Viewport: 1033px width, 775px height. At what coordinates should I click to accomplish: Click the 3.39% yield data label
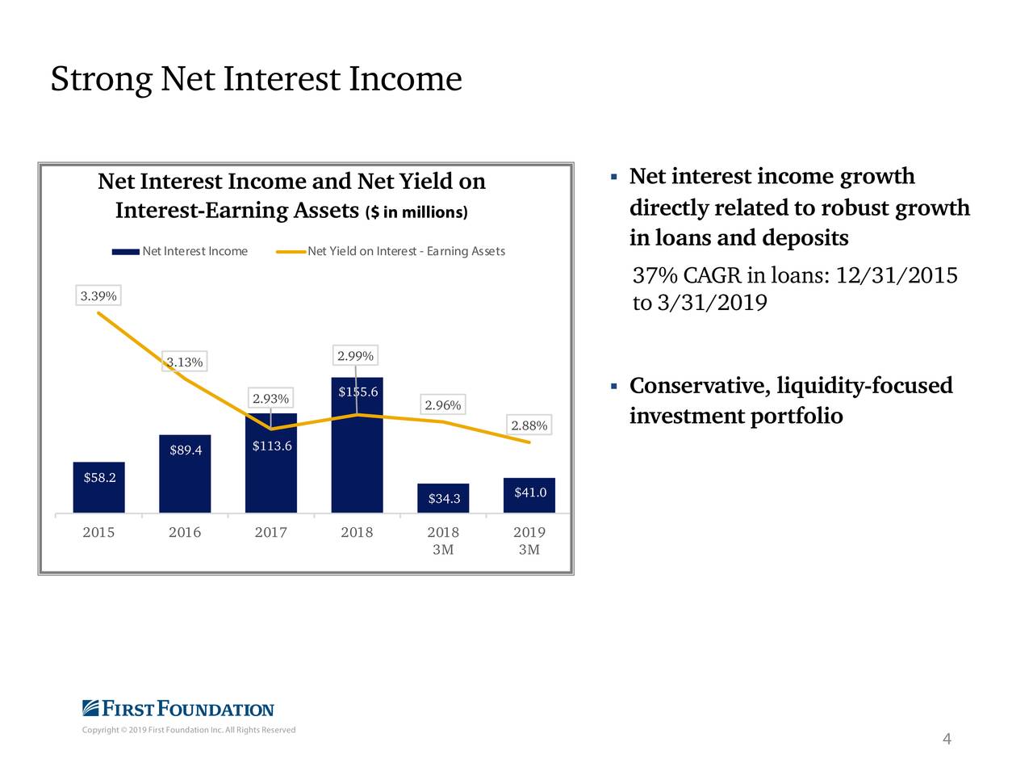pyautogui.click(x=98, y=296)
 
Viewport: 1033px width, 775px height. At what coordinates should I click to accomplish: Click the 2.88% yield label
pyautogui.click(x=529, y=425)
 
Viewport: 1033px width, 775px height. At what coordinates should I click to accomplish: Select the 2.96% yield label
pyautogui.click(x=443, y=405)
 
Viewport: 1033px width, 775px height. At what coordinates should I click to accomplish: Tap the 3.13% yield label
pyautogui.click(x=185, y=362)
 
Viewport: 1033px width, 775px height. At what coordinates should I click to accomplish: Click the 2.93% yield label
pyautogui.click(x=271, y=399)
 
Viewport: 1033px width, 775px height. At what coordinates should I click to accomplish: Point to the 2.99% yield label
pyautogui.click(x=355, y=356)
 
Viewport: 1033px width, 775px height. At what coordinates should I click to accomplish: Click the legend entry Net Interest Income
pyautogui.click(x=194, y=251)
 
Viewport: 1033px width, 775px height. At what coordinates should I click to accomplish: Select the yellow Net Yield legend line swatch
pyautogui.click(x=291, y=252)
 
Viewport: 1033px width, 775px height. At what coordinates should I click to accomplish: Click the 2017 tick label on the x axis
pyautogui.click(x=271, y=533)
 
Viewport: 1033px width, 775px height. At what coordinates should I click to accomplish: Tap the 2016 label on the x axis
pyautogui.click(x=185, y=533)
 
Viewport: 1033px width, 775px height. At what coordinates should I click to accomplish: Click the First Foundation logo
pyautogui.click(x=178, y=709)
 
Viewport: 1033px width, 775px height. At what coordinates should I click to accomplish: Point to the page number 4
pyautogui.click(x=947, y=739)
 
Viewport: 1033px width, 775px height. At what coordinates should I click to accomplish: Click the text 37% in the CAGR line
pyautogui.click(x=655, y=276)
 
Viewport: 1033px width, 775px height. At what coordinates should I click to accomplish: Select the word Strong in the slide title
pyautogui.click(x=101, y=79)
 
